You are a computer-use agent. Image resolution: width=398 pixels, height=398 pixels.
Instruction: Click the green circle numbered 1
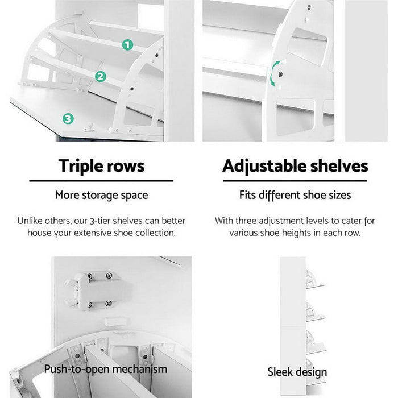tap(127, 44)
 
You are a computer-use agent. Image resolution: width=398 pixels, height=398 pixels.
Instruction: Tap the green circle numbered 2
tap(100, 76)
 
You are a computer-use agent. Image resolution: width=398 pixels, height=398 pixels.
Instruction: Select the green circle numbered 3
tap(68, 118)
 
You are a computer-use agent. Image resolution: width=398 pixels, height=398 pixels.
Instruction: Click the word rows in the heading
tap(127, 166)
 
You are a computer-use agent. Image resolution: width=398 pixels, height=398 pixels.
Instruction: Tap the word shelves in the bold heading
tap(337, 166)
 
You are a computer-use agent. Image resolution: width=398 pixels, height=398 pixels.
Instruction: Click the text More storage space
tap(101, 195)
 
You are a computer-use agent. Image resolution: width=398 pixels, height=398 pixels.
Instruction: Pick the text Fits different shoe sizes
tap(295, 195)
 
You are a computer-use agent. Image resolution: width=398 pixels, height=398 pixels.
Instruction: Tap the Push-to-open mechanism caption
tap(106, 369)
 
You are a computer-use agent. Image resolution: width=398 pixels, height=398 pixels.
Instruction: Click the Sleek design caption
tap(297, 372)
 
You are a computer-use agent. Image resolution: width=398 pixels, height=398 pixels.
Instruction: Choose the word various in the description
tap(245, 233)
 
